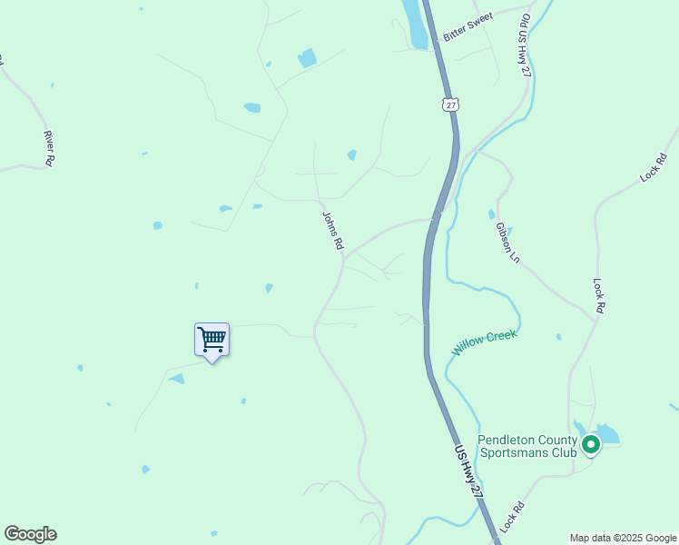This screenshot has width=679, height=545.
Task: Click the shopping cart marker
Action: [212, 342]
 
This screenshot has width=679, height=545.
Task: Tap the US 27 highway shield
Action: [450, 104]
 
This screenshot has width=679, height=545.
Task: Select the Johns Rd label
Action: [333, 231]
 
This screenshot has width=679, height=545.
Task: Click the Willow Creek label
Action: [485, 342]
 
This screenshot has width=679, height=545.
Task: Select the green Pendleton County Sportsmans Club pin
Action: [591, 444]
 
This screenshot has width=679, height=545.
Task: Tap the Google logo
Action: [30, 534]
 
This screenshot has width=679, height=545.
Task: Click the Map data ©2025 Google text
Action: [624, 538]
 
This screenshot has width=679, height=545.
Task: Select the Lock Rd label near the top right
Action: [653, 169]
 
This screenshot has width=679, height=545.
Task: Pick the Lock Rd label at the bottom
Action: [512, 517]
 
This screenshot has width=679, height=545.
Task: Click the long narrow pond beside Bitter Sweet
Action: [416, 25]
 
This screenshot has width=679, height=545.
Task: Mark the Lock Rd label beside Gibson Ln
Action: [598, 296]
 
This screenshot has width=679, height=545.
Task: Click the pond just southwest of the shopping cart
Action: [177, 378]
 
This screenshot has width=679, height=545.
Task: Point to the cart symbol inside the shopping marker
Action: [212, 340]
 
